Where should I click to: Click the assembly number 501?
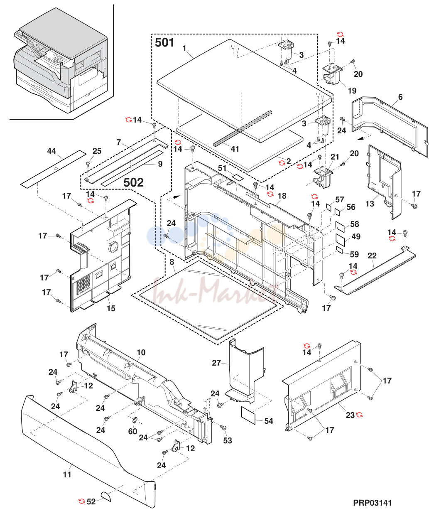coord(164,43)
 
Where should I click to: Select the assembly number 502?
coord(133,183)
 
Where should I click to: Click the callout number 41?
coord(235,149)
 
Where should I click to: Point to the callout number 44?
coord(51,151)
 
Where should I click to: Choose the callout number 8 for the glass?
coord(172,262)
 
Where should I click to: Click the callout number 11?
coord(67,474)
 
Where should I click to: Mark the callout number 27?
coord(216,363)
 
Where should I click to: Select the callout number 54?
coord(269,421)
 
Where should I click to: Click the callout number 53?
coord(228,440)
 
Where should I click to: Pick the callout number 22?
coord(372,256)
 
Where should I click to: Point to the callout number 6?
coord(400,97)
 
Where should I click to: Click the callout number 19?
coord(352,91)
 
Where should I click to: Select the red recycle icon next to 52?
coord(81,501)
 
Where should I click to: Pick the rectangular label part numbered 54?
coord(248,416)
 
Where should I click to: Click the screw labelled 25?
coord(88,163)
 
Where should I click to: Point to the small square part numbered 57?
coord(328,207)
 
